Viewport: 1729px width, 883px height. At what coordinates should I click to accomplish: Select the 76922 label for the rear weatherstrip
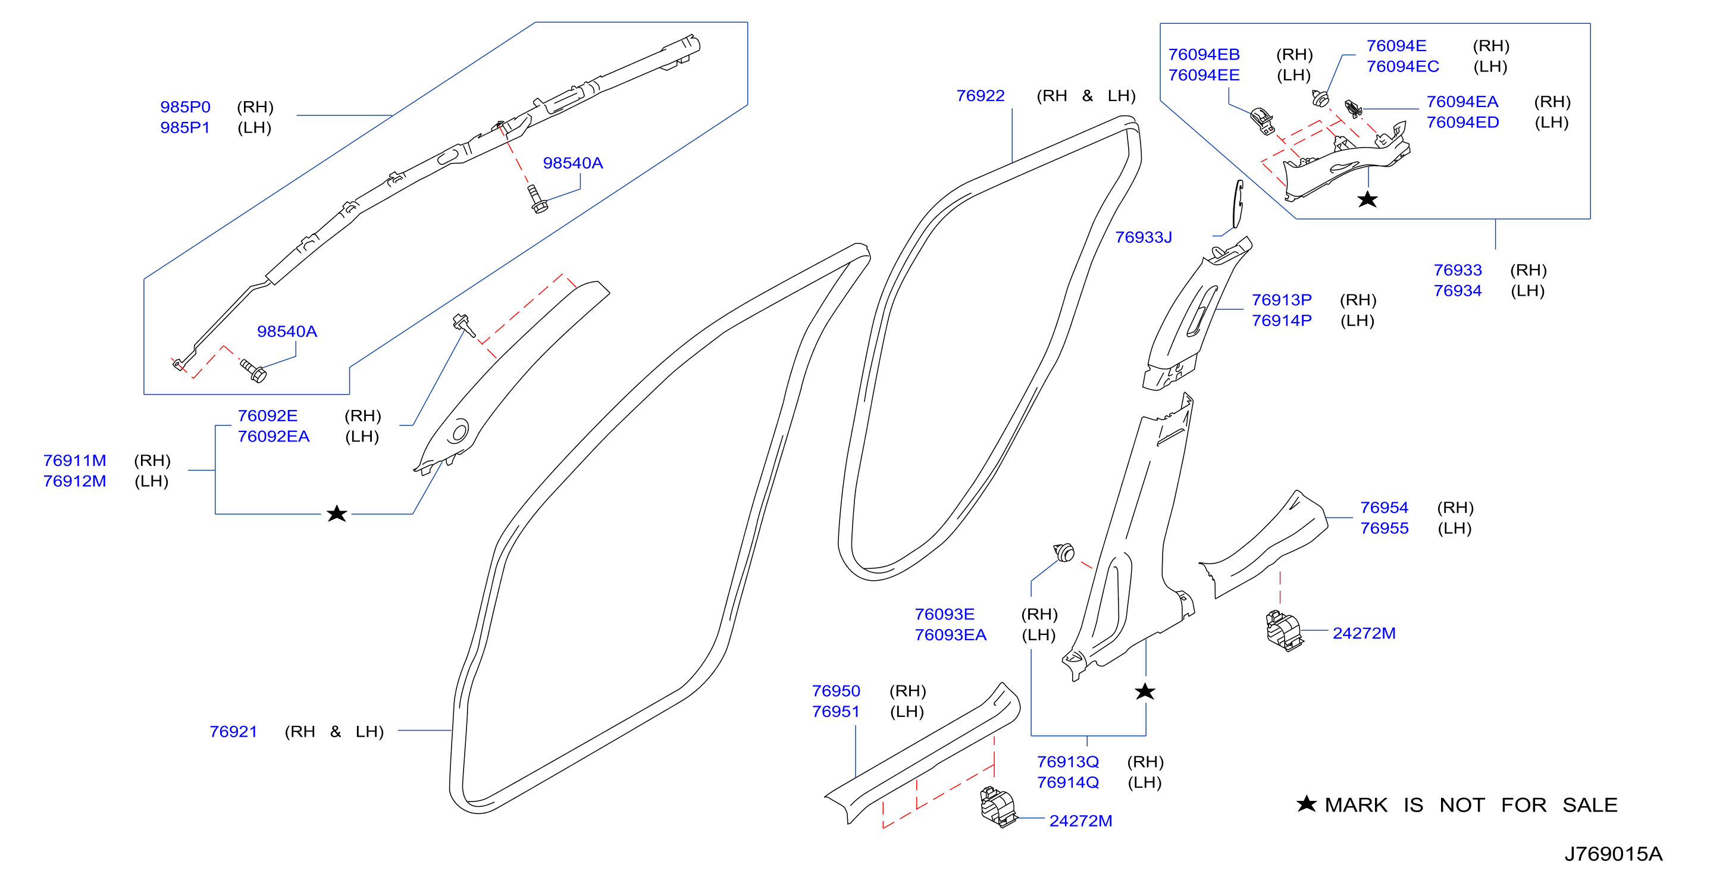(x=980, y=95)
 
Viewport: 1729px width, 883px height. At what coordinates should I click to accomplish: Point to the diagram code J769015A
(x=1613, y=853)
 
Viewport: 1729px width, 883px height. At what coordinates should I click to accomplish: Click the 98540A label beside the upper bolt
(x=572, y=162)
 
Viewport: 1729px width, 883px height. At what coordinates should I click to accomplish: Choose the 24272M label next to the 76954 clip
(x=1364, y=633)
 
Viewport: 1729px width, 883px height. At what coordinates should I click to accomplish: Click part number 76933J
(x=1143, y=237)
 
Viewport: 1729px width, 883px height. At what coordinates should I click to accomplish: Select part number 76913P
(x=1282, y=299)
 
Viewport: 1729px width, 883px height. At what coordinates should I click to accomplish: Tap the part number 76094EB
(x=1204, y=54)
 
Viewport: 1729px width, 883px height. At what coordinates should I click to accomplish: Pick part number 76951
(x=835, y=711)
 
